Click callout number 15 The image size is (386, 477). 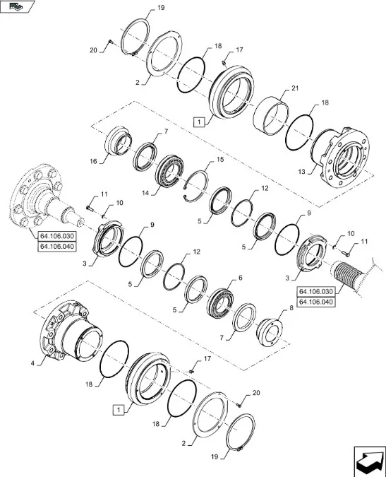(x=219, y=160)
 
